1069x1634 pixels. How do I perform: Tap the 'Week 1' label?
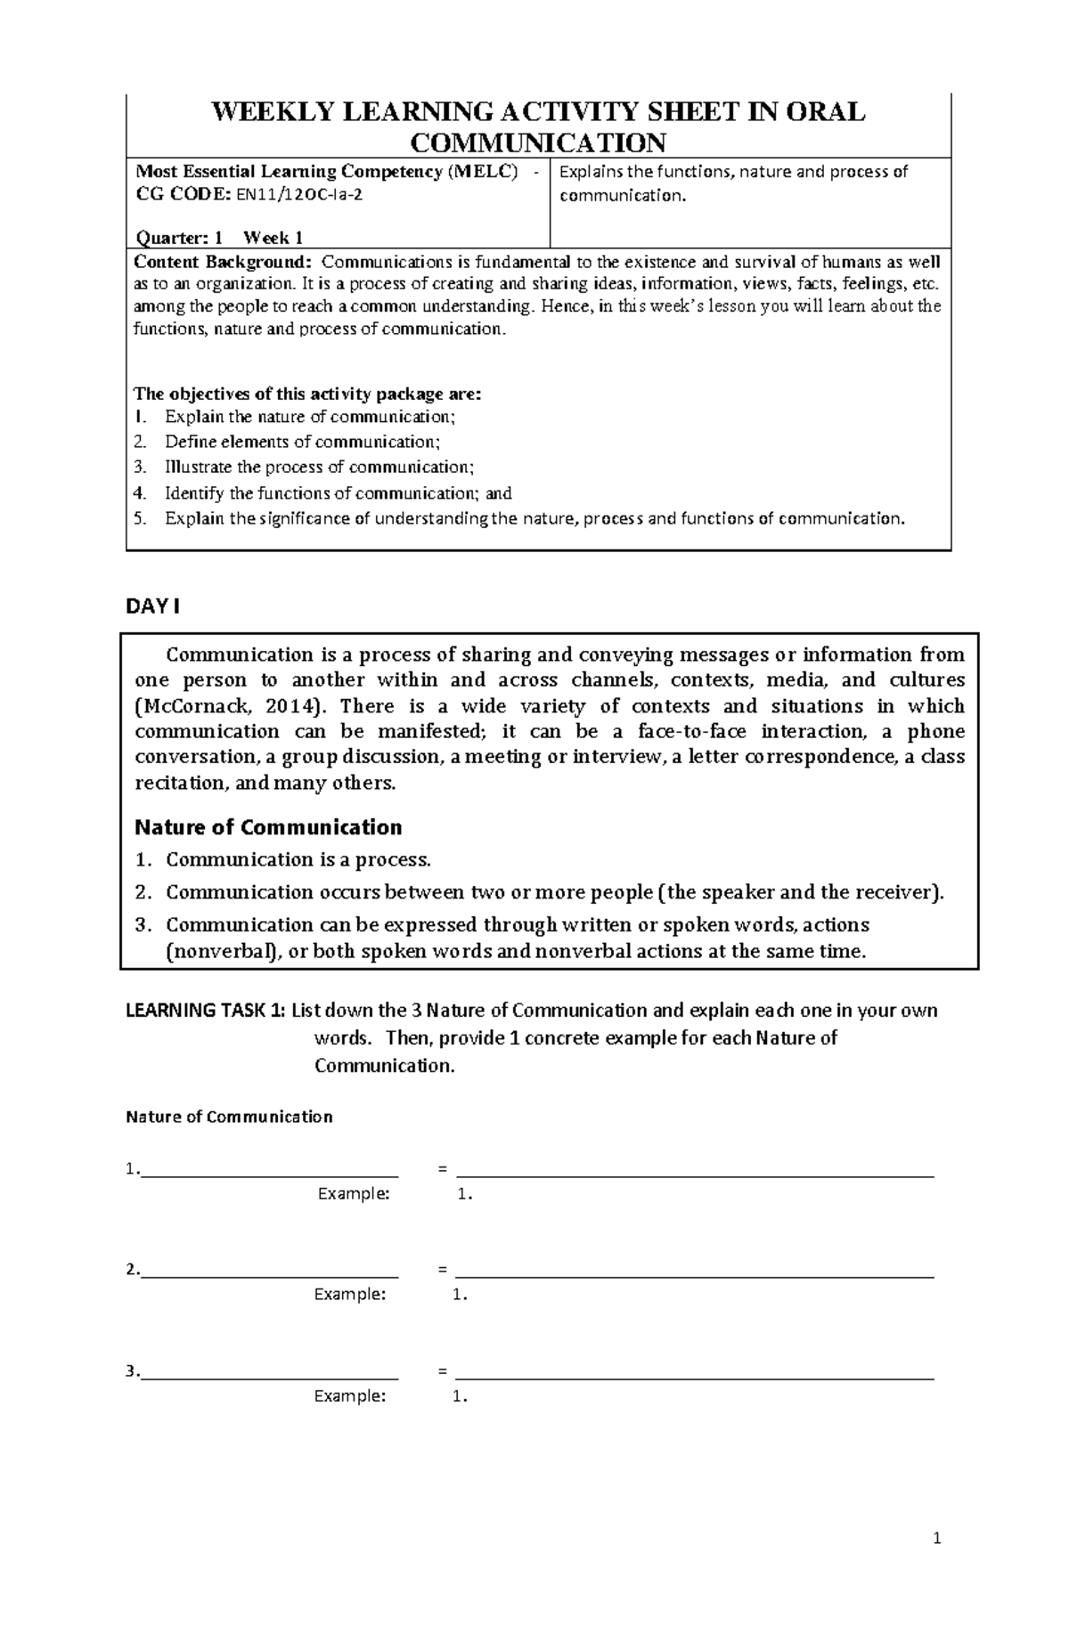pyautogui.click(x=273, y=238)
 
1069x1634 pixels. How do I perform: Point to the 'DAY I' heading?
pyautogui.click(x=152, y=606)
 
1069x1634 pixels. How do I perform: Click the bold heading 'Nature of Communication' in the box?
pyautogui.click(x=268, y=827)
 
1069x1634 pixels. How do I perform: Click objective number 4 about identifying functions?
pyautogui.click(x=339, y=493)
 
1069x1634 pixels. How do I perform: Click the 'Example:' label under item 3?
pyautogui.click(x=350, y=1396)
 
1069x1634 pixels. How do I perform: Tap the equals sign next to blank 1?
pyautogui.click(x=443, y=1170)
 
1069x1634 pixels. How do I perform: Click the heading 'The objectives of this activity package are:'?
pyautogui.click(x=307, y=394)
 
